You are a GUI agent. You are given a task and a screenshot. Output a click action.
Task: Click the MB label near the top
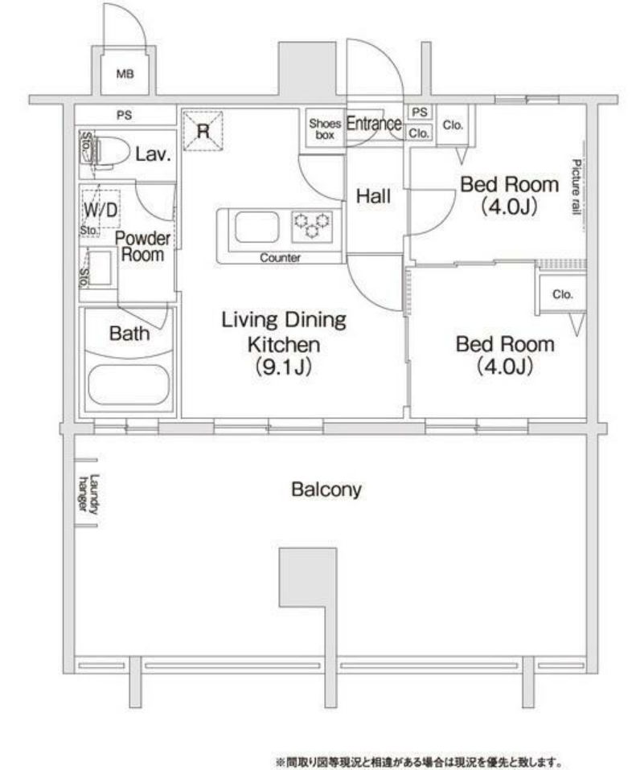[x=125, y=75]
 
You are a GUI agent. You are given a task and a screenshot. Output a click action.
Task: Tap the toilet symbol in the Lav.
[x=104, y=150]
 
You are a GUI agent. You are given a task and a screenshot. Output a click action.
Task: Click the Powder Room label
[x=142, y=247]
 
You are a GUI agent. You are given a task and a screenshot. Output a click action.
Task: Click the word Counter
[x=281, y=259]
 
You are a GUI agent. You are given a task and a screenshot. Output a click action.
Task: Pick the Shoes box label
[x=325, y=129]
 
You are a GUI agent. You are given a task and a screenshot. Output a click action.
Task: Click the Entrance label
[x=373, y=125]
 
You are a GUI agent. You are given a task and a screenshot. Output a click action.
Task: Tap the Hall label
[x=373, y=195]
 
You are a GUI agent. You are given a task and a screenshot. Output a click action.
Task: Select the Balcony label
[x=326, y=489]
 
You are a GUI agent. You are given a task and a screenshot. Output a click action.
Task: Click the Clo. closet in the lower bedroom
[x=562, y=295]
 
